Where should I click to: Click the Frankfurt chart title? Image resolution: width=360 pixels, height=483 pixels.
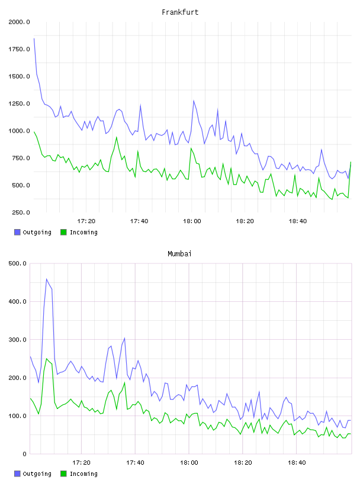[x=180, y=12]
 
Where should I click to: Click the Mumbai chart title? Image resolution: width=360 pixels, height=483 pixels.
[x=179, y=253]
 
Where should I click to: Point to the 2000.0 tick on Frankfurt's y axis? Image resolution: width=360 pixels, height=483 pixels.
[x=19, y=22]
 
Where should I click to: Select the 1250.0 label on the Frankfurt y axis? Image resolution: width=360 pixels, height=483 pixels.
[x=19, y=104]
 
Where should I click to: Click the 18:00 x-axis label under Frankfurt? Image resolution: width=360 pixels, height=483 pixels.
[x=192, y=221]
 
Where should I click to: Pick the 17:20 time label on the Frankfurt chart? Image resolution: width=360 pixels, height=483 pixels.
[x=86, y=221]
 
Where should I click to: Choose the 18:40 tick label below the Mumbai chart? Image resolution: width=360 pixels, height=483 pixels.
[x=297, y=462]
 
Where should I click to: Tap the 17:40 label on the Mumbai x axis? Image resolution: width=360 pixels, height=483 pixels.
[x=135, y=462]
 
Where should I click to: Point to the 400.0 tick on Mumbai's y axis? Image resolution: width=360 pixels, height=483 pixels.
[x=17, y=301]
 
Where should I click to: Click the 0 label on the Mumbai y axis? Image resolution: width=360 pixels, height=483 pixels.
[x=24, y=454]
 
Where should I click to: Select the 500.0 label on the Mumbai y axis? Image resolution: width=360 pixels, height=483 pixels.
[x=17, y=263]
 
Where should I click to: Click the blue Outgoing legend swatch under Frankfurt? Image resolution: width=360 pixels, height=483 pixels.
[x=17, y=232]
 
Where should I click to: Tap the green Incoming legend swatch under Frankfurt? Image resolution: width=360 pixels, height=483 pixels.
[x=63, y=232]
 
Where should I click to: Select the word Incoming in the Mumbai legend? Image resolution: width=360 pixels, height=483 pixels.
[x=83, y=474]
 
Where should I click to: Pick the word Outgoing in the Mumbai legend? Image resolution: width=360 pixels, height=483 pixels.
[x=37, y=474]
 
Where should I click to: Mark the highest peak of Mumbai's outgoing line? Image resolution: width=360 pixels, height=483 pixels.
[x=47, y=279]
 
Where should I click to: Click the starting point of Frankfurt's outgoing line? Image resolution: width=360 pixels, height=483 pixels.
[x=34, y=38]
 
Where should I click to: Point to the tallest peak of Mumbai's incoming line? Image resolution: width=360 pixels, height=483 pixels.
[x=47, y=359]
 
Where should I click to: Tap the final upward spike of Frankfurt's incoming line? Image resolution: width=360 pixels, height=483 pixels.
[x=351, y=162]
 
